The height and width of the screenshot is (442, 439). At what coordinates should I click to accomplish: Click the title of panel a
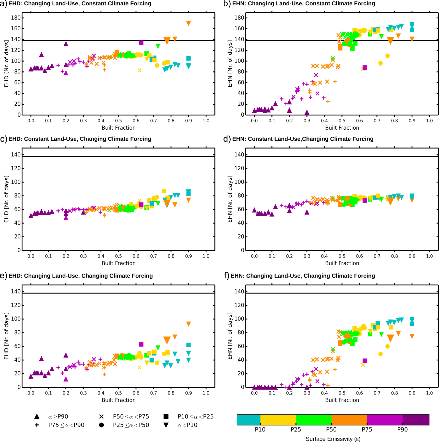pyautogui.click(x=80, y=4)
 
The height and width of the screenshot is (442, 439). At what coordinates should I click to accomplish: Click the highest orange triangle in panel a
pyautogui.click(x=188, y=23)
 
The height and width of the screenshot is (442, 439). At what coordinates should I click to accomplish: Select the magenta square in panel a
pyautogui.click(x=141, y=43)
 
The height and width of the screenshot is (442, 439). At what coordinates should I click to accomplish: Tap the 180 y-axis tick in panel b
pyautogui.click(x=239, y=18)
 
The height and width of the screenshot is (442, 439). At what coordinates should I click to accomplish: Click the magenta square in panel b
pyautogui.click(x=365, y=68)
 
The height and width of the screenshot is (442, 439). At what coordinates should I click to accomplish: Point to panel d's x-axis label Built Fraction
pyautogui.click(x=342, y=263)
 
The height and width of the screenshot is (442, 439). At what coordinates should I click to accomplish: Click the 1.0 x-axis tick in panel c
pyautogui.click(x=206, y=256)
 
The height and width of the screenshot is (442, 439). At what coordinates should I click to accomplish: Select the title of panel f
pyautogui.click(x=303, y=276)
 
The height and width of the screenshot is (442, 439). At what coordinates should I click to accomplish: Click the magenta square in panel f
pyautogui.click(x=365, y=361)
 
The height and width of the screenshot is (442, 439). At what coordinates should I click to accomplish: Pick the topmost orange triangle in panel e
pyautogui.click(x=188, y=324)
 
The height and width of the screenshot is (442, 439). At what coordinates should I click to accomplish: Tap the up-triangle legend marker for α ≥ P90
pyautogui.click(x=37, y=416)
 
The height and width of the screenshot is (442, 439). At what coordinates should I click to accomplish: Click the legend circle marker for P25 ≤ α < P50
pyautogui.click(x=101, y=425)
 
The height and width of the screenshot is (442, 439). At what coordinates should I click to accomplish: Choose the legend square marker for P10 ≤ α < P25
pyautogui.click(x=166, y=416)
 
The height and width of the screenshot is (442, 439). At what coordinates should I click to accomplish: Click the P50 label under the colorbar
pyautogui.click(x=331, y=429)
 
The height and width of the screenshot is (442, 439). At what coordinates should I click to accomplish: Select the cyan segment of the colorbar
pyautogui.click(x=248, y=420)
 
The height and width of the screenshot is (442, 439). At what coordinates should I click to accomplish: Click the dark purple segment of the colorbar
pyautogui.click(x=416, y=420)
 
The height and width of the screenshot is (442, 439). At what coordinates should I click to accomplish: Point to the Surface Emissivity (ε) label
pyautogui.click(x=333, y=439)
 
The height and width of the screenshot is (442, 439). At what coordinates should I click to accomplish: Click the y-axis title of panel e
pyautogui.click(x=6, y=336)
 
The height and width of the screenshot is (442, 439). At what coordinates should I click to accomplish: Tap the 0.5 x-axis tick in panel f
pyautogui.click(x=342, y=393)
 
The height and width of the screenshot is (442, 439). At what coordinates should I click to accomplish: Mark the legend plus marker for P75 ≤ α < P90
pyautogui.click(x=37, y=425)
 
